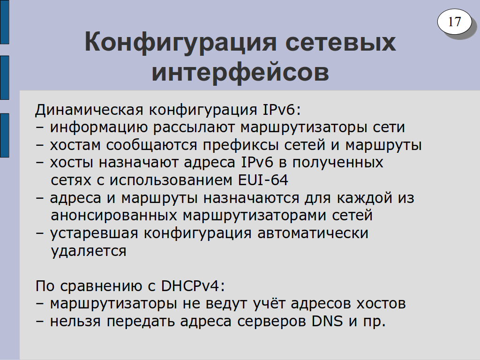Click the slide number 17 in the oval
pos(454,22)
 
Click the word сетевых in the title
pos(340,42)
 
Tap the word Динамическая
pos(89,110)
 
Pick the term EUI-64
pos(263,180)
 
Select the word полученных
pos(337,163)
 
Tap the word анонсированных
pos(114,215)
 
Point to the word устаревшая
pos(94,233)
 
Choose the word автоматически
pos(313,233)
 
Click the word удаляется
pos(89,251)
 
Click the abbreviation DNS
pos(327,321)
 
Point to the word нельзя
pos(75,322)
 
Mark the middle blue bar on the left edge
pos(5,78)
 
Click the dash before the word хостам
pos(39,145)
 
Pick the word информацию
pos(99,127)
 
